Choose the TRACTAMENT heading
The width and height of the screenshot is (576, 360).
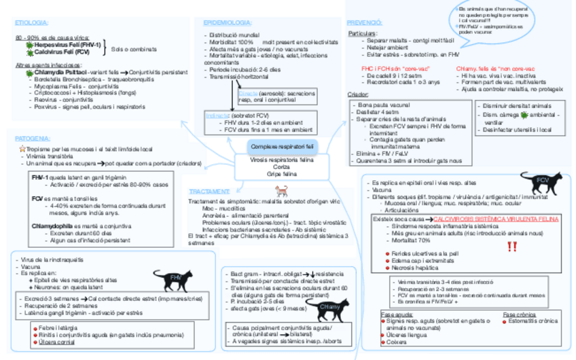[209, 192]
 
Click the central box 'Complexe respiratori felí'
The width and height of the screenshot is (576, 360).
[282, 147]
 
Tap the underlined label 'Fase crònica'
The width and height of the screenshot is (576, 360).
[518, 314]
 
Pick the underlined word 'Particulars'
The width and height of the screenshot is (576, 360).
[362, 33]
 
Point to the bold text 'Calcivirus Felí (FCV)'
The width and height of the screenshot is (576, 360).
[62, 52]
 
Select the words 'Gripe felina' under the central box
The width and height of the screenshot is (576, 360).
[281, 174]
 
